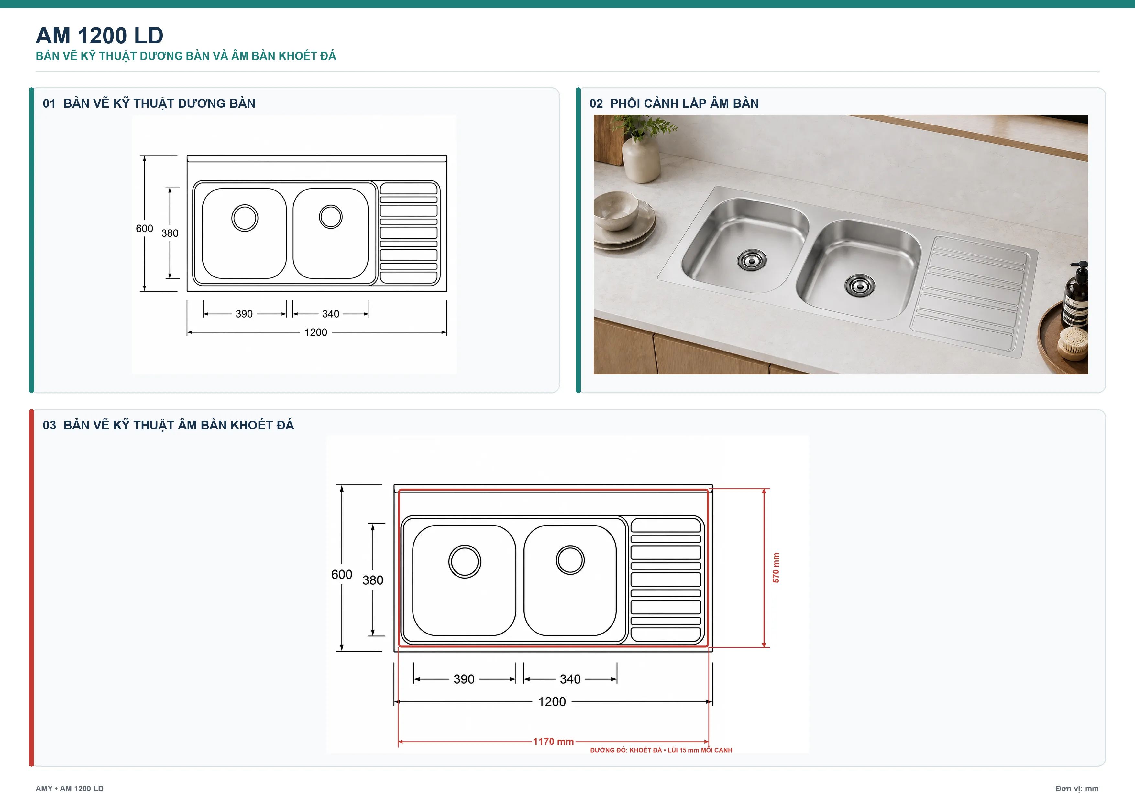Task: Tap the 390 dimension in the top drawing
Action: [244, 314]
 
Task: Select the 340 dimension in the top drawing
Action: [331, 314]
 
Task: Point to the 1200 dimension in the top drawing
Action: [316, 332]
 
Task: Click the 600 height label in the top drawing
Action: [144, 228]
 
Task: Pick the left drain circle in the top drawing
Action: [245, 218]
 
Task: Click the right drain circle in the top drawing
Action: [331, 216]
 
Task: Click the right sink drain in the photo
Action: [860, 285]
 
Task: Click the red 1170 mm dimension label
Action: [553, 742]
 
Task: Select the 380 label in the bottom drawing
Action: [373, 580]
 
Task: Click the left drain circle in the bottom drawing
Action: [465, 561]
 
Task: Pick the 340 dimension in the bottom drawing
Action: [570, 679]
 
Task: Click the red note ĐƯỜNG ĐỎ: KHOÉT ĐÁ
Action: [626, 750]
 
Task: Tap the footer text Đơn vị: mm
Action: [1077, 789]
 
